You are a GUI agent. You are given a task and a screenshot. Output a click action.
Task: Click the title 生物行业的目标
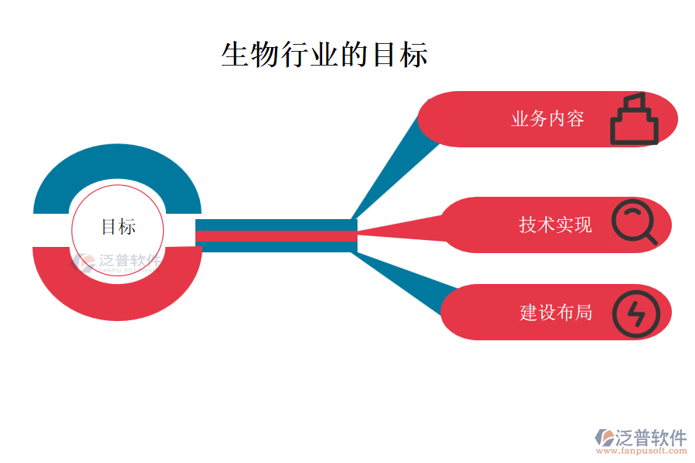point(324,55)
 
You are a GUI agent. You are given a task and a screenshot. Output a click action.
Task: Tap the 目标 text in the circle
point(119,227)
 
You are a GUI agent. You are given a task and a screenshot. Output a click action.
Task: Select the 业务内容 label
point(548,119)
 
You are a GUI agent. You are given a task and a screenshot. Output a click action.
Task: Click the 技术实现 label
point(555,225)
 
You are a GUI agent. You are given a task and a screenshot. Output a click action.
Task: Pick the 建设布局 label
point(555,312)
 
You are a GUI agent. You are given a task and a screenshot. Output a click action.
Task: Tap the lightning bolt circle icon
point(636,313)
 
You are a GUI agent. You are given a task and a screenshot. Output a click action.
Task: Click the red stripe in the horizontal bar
point(276,236)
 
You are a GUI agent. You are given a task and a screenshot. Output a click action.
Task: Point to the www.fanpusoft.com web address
point(646,451)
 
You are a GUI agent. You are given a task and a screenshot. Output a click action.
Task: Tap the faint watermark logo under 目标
point(116,262)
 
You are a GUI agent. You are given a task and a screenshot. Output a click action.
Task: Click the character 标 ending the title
point(414,55)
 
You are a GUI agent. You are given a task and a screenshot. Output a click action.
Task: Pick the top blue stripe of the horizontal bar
point(276,225)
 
